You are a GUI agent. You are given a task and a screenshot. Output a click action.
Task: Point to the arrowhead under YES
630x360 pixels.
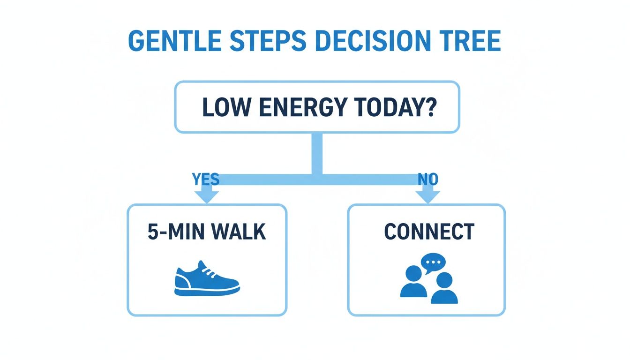pyautogui.click(x=206, y=196)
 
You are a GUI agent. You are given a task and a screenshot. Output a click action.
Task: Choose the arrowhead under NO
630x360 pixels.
pyautogui.click(x=427, y=196)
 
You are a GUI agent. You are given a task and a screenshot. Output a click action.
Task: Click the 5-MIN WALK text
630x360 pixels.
pyautogui.click(x=207, y=232)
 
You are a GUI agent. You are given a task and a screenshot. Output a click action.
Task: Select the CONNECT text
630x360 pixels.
pyautogui.click(x=429, y=232)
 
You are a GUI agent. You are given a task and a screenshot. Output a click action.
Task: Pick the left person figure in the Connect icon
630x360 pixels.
pyautogui.click(x=413, y=282)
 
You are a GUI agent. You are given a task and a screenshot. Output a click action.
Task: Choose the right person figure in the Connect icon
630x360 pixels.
pyautogui.click(x=443, y=289)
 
